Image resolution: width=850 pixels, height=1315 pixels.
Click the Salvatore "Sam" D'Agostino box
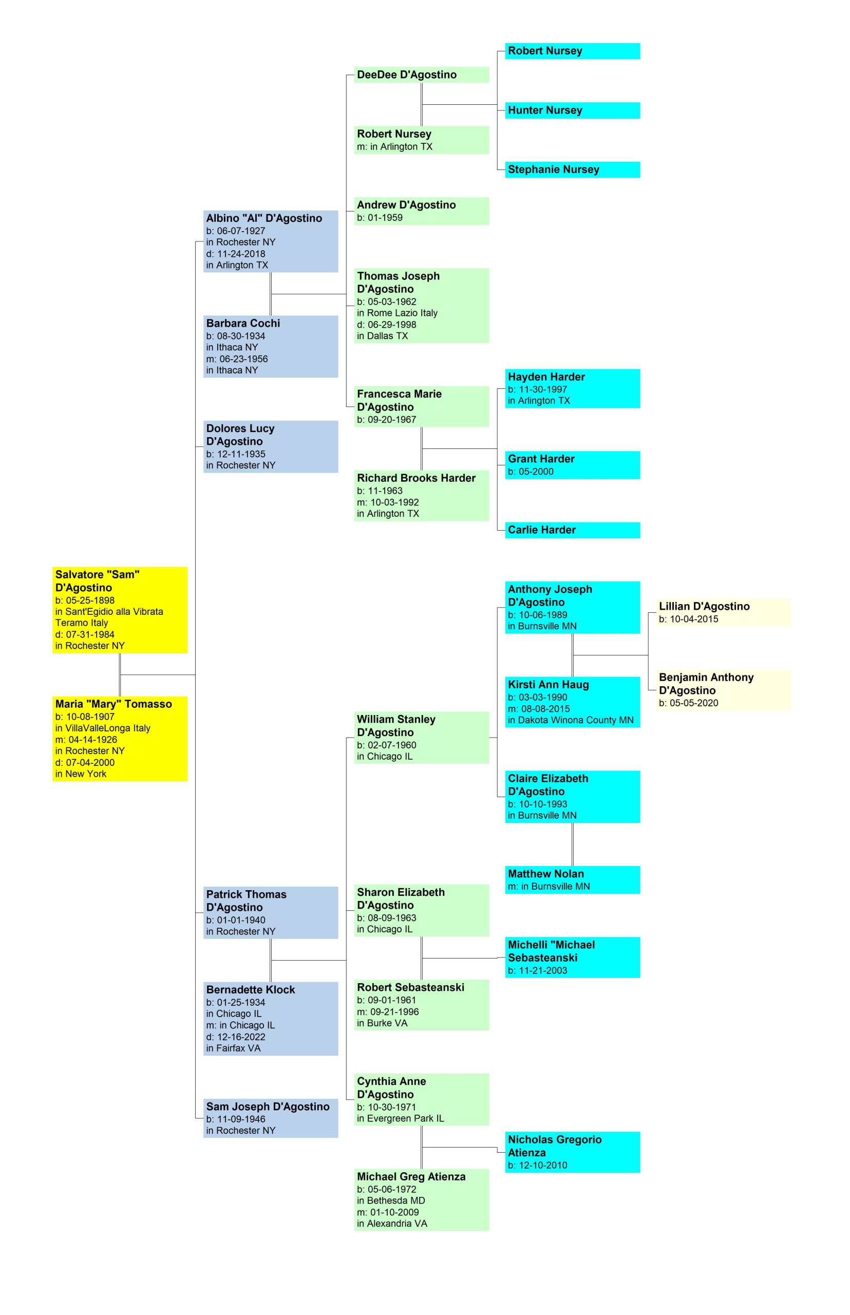120,609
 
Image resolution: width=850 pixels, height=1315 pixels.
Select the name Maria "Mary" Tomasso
113,704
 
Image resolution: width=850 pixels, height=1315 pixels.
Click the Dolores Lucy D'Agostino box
271,446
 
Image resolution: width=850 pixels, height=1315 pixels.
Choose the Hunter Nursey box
572,110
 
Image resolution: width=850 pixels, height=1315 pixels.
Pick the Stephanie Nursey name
553,170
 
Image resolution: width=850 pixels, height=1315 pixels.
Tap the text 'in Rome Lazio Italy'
397,313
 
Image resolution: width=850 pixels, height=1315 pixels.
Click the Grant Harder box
572,465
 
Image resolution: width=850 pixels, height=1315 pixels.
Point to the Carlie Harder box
572,530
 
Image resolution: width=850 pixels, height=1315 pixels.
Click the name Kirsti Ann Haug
548,685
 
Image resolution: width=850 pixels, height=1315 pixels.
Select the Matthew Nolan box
572,879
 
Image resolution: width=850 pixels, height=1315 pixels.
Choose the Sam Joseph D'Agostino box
271,1118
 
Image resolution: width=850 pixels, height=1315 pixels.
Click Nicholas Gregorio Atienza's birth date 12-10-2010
537,1166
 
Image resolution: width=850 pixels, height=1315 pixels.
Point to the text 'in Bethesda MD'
391,1201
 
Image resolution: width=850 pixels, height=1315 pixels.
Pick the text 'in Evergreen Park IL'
400,1118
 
